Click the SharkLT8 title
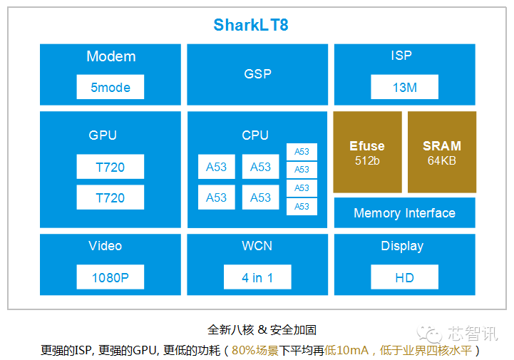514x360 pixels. [251, 26]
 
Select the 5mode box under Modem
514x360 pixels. [110, 88]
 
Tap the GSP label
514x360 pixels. [257, 73]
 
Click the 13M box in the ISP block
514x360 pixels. [404, 88]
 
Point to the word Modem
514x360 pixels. [110, 56]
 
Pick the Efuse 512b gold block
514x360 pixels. [367, 152]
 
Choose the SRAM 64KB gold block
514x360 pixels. [441, 152]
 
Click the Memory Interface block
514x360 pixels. [404, 213]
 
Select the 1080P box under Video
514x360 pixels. [110, 277]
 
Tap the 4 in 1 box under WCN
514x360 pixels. [257, 277]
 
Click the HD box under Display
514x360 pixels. [404, 277]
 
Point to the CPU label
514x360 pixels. [255, 135]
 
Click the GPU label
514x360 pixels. [103, 135]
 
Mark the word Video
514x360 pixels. [106, 246]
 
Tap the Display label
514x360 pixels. [402, 246]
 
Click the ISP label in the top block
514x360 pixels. [401, 55]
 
